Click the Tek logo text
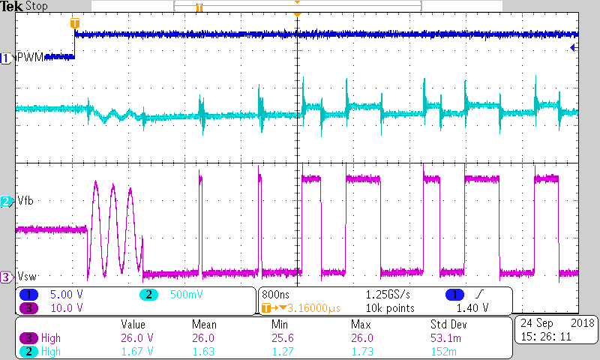pos(12,6)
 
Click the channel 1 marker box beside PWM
pos(7,58)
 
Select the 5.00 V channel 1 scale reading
pos(66,294)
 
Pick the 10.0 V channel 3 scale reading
pos(66,307)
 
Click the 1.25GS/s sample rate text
pos(388,294)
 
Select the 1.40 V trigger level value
pos(473,307)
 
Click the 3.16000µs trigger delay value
pos(304,307)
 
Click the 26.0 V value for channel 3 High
pos(138,337)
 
